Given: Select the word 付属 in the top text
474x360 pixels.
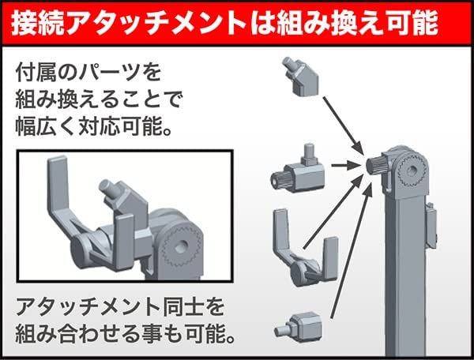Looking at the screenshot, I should click(34, 73).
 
